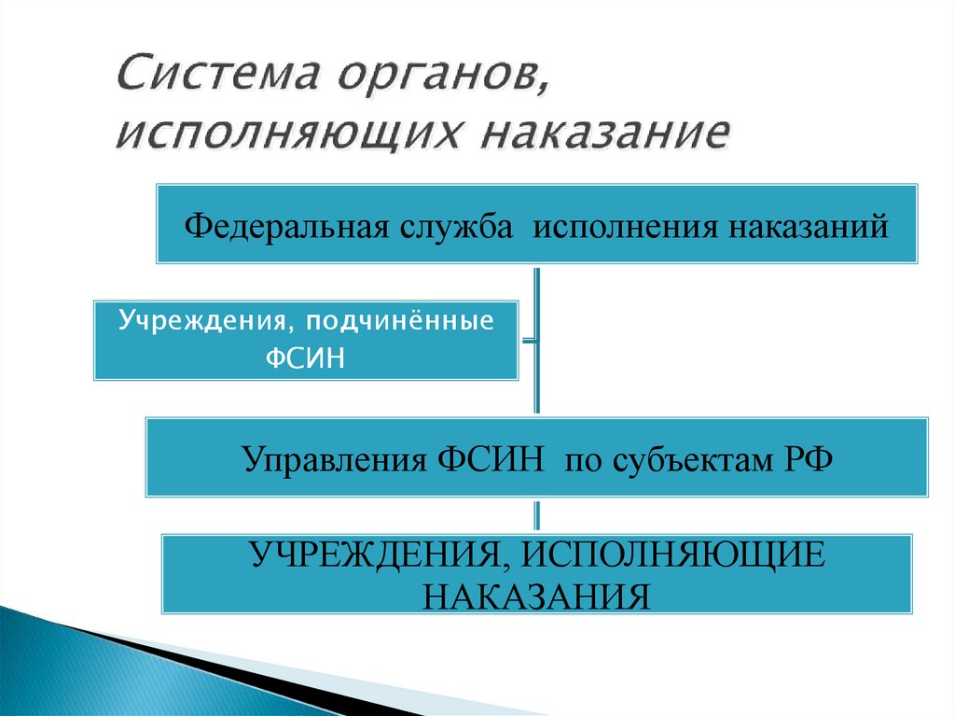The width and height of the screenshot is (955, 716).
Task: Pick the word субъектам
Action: tap(689, 458)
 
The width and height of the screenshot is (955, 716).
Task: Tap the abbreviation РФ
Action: tap(805, 458)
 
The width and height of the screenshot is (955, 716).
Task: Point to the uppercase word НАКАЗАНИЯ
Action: tap(535, 595)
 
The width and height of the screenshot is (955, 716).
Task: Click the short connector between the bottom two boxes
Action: tap(536, 515)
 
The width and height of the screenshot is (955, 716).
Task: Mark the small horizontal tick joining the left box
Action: tap(528, 340)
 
